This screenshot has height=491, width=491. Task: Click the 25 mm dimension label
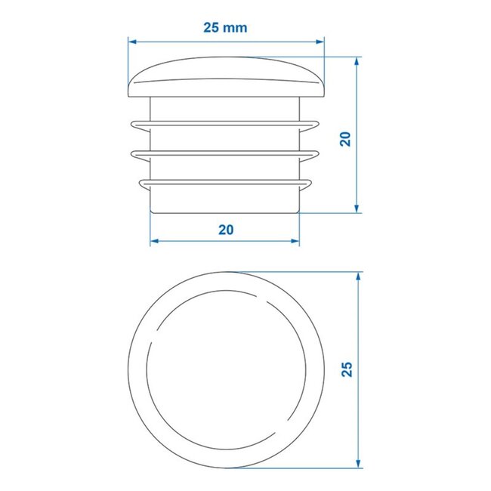click(x=225, y=27)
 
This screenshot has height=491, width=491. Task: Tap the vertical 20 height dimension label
click(x=345, y=138)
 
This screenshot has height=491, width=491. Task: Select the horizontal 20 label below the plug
click(x=225, y=230)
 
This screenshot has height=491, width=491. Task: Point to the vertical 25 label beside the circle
click(x=347, y=368)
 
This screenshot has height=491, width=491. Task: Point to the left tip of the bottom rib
click(x=137, y=182)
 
